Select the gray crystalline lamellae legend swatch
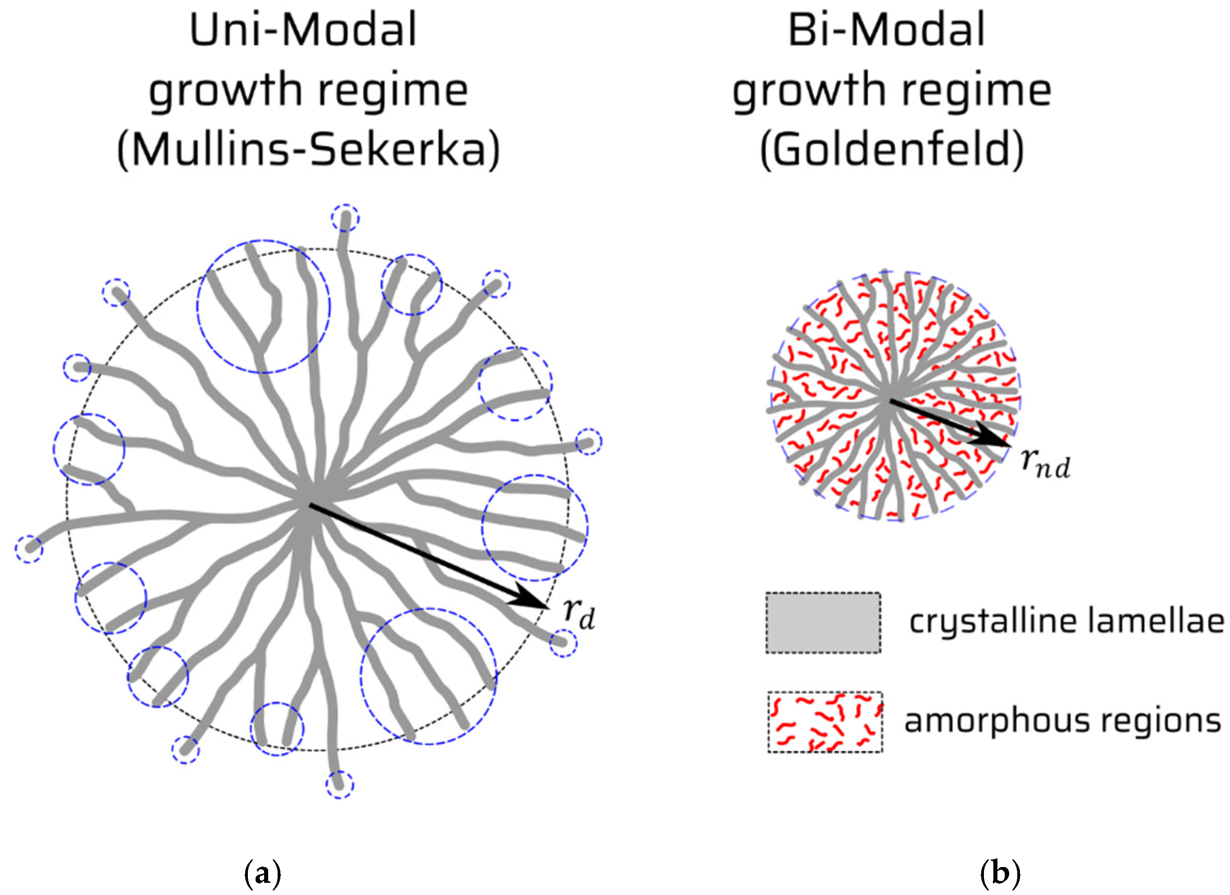(823, 622)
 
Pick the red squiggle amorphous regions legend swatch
(824, 721)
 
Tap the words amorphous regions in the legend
(1062, 721)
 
